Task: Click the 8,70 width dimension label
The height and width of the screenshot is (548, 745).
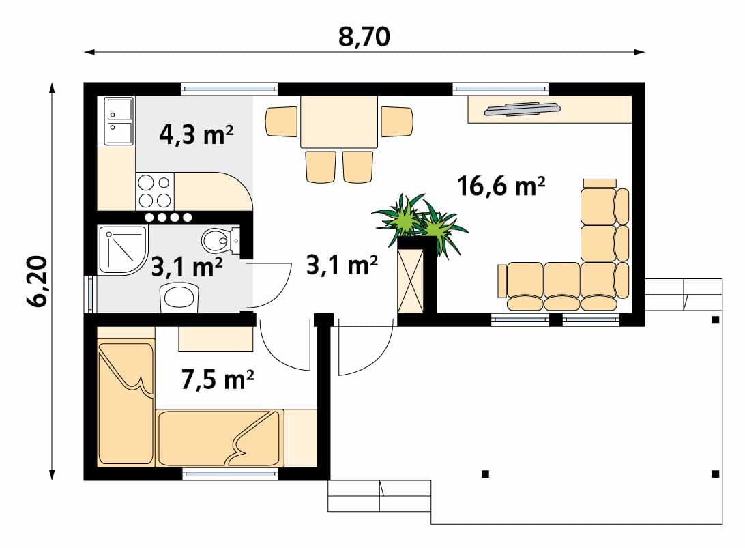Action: point(364,37)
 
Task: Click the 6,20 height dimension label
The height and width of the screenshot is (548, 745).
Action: point(37,281)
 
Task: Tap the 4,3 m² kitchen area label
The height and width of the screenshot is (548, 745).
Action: point(196,134)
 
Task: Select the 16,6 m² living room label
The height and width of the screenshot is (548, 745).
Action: point(501,186)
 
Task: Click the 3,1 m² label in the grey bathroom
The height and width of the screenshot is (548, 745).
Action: point(187,267)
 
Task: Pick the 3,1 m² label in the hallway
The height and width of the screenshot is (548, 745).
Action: point(342,264)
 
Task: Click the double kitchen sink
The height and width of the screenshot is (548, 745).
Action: point(119,121)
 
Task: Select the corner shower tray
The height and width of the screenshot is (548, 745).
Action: point(123,250)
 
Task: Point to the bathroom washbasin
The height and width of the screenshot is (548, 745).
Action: point(179,298)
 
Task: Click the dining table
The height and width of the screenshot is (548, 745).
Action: point(339,122)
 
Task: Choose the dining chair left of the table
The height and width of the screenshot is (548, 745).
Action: point(281,121)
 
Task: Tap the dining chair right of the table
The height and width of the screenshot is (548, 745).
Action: point(397,121)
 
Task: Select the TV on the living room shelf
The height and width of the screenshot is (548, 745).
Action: point(522,109)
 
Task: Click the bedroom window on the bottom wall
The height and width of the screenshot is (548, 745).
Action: point(231,474)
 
